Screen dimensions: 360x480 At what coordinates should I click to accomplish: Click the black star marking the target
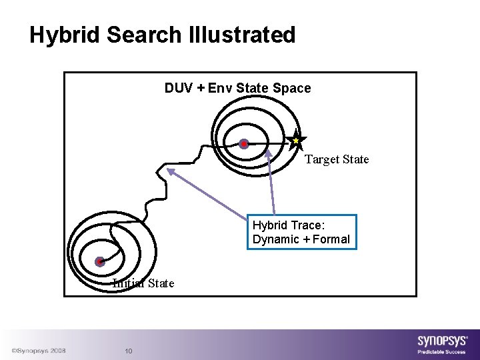pos(297,141)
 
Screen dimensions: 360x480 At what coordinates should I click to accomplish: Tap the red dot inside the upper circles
pos(244,143)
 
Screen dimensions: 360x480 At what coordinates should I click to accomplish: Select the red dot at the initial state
pos(99,261)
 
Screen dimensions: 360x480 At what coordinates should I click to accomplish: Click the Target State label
pos(337,159)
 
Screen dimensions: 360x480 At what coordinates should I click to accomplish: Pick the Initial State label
pos(143,283)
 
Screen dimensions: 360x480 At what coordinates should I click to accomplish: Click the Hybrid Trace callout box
pos(301,232)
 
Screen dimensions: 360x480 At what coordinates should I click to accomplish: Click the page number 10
pos(129,351)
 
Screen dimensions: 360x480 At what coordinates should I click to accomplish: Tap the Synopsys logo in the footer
pos(442,340)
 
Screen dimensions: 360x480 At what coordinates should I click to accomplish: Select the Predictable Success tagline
pos(442,351)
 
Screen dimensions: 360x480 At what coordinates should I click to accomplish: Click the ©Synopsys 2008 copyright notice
pos(37,350)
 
